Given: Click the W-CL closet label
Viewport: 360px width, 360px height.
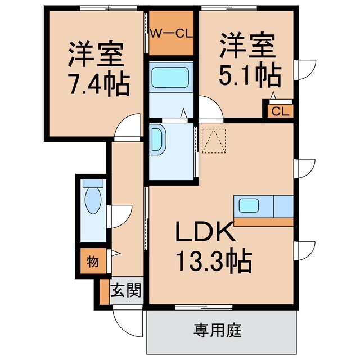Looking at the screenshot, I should coord(172,32).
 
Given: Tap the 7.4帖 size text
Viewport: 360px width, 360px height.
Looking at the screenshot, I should coord(98,84).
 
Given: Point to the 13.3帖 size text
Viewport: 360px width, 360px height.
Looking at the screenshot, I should coord(214,260).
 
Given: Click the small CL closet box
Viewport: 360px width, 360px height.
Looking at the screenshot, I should coord(280,111).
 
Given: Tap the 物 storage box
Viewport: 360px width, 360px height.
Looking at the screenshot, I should coord(92,261).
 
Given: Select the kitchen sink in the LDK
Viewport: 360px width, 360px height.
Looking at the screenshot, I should coord(248,205).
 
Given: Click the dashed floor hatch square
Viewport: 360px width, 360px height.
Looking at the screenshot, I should coord(214,140).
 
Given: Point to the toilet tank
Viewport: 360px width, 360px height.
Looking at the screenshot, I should coord(92,183).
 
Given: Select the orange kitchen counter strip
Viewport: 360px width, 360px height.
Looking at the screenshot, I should coord(263,222).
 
